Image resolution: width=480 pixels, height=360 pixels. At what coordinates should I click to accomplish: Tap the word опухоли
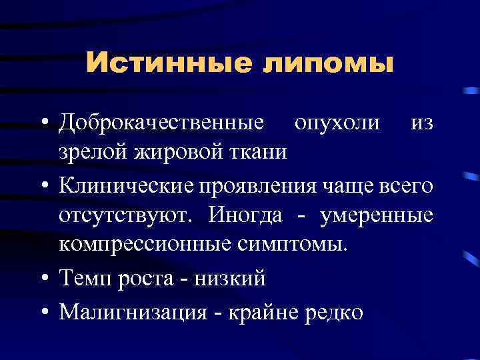[x=338, y=123]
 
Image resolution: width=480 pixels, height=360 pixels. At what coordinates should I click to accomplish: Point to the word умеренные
[x=377, y=215]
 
